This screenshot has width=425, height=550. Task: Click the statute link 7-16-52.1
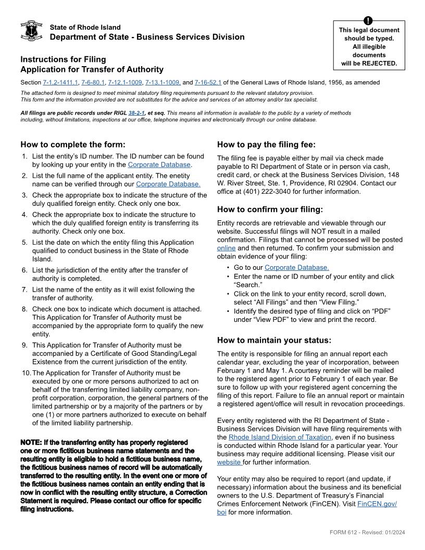pyautogui.click(x=208, y=82)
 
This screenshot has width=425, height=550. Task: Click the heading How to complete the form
pyautogui.click(x=73, y=145)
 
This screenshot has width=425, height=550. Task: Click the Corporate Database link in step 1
pyautogui.click(x=159, y=165)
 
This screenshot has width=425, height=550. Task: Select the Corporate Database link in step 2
pyautogui.click(x=168, y=184)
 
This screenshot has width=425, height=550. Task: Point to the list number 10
pyautogui.click(x=26, y=373)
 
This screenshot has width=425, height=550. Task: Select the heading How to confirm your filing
pyautogui.click(x=270, y=209)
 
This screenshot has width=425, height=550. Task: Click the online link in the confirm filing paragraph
pyautogui.click(x=226, y=248)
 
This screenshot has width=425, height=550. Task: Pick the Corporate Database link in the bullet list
pyautogui.click(x=296, y=268)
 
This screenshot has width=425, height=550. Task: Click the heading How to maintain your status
pyautogui.click(x=274, y=340)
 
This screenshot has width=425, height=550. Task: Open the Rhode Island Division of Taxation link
pyautogui.click(x=280, y=437)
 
